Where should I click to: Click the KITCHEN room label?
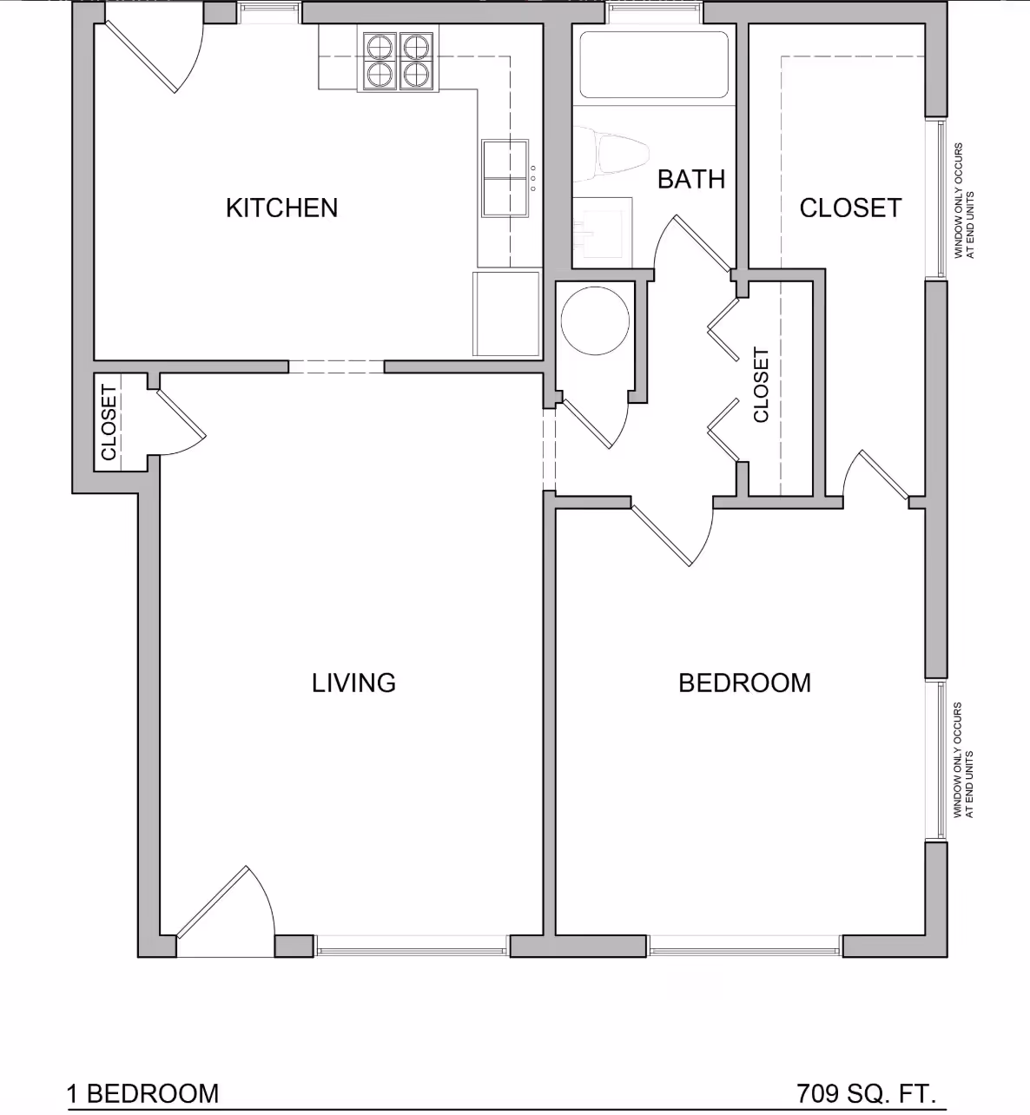click(x=281, y=208)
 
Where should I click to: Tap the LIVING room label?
click(x=353, y=683)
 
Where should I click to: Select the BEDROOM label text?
click(x=744, y=683)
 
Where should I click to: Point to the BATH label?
click(x=690, y=179)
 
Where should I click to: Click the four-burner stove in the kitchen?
click(x=398, y=61)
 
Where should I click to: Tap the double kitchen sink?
click(x=505, y=178)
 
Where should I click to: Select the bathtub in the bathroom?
click(x=654, y=65)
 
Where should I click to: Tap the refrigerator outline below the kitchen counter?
click(x=506, y=313)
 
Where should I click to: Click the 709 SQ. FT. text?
click(x=866, y=1092)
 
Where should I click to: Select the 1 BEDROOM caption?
click(x=143, y=1092)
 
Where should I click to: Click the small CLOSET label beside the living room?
click(x=109, y=422)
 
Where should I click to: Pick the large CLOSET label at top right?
click(x=850, y=208)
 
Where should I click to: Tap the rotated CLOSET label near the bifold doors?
click(x=762, y=386)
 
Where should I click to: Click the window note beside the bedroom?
click(x=963, y=760)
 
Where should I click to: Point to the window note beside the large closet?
click(x=964, y=201)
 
